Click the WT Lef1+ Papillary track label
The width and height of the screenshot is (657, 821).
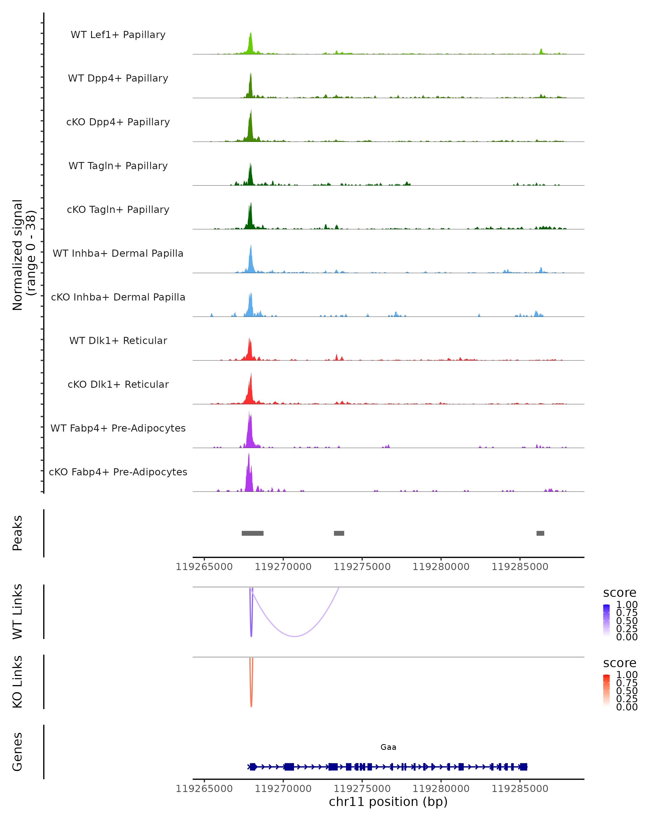[118, 35]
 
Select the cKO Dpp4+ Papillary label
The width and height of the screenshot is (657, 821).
[118, 122]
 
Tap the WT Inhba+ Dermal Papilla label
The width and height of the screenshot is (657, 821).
[118, 253]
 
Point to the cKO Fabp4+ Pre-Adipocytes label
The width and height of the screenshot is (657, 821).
[118, 472]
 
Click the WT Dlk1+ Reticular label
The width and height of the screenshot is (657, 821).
[118, 340]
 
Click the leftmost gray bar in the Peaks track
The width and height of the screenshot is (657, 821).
[252, 533]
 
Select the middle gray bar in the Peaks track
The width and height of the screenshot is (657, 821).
[339, 533]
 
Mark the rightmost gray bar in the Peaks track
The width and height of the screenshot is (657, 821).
[540, 533]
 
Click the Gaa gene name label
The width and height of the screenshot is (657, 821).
[388, 747]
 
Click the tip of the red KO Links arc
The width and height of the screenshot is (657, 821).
[251, 706]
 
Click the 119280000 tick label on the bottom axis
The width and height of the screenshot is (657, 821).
[441, 789]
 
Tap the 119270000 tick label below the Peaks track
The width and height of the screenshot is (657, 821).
[283, 567]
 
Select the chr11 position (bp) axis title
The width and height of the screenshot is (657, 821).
[388, 802]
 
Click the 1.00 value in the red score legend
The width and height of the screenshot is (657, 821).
[627, 675]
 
